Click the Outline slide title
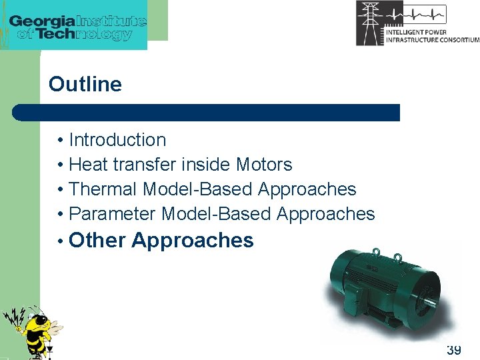[85, 85]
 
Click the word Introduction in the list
[117, 140]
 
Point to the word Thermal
[103, 189]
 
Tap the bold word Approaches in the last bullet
[193, 241]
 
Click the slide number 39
[453, 349]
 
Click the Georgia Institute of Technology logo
[77, 25]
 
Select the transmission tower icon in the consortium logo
[370, 23]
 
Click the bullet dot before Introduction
[60, 141]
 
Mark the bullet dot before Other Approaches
[60, 241]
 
